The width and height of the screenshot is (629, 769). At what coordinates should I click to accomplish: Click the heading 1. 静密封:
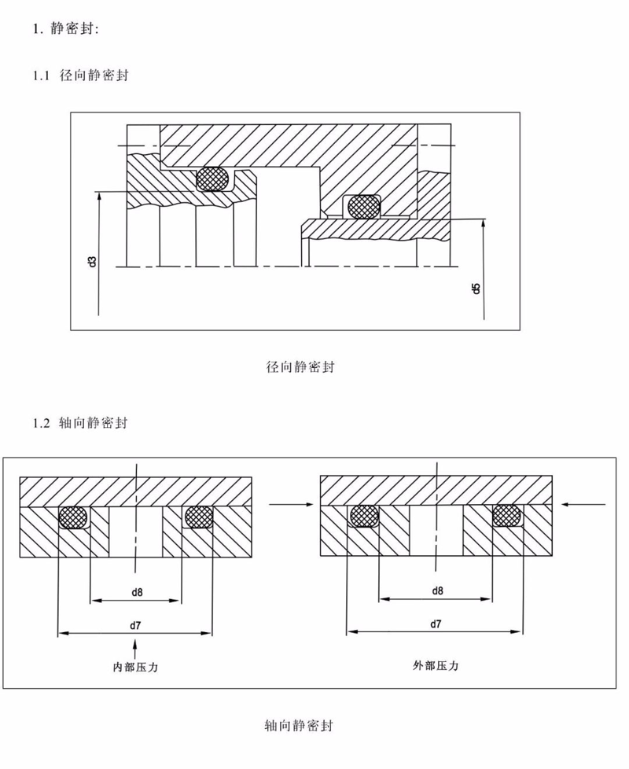click(x=66, y=29)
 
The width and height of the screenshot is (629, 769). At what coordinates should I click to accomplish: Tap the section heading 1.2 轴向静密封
click(x=80, y=422)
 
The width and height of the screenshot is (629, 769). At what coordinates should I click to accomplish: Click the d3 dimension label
click(x=92, y=261)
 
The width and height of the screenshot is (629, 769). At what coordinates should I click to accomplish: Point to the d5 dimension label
click(x=475, y=289)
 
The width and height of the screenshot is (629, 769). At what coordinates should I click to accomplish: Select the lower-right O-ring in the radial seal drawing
click(x=363, y=206)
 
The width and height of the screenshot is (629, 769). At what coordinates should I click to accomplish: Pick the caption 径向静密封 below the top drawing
click(x=300, y=366)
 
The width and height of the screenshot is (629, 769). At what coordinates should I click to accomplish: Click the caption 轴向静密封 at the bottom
click(x=299, y=725)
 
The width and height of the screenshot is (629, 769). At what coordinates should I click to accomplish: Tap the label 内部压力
click(x=135, y=667)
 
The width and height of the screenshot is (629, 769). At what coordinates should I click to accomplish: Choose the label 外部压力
click(x=436, y=665)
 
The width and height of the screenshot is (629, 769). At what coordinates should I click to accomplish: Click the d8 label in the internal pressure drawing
click(x=137, y=592)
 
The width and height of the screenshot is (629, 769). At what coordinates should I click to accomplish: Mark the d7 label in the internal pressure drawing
click(x=135, y=625)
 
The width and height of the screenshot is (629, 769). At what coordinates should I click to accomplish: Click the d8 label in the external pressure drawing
click(x=437, y=591)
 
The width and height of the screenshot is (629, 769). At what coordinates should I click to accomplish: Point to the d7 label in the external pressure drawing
click(x=436, y=624)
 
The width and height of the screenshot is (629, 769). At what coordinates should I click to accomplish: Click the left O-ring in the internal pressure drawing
click(x=74, y=517)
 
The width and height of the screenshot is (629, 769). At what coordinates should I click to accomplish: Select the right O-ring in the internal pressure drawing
click(x=198, y=517)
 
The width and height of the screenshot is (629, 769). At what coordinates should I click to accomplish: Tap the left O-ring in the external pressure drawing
click(x=364, y=516)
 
